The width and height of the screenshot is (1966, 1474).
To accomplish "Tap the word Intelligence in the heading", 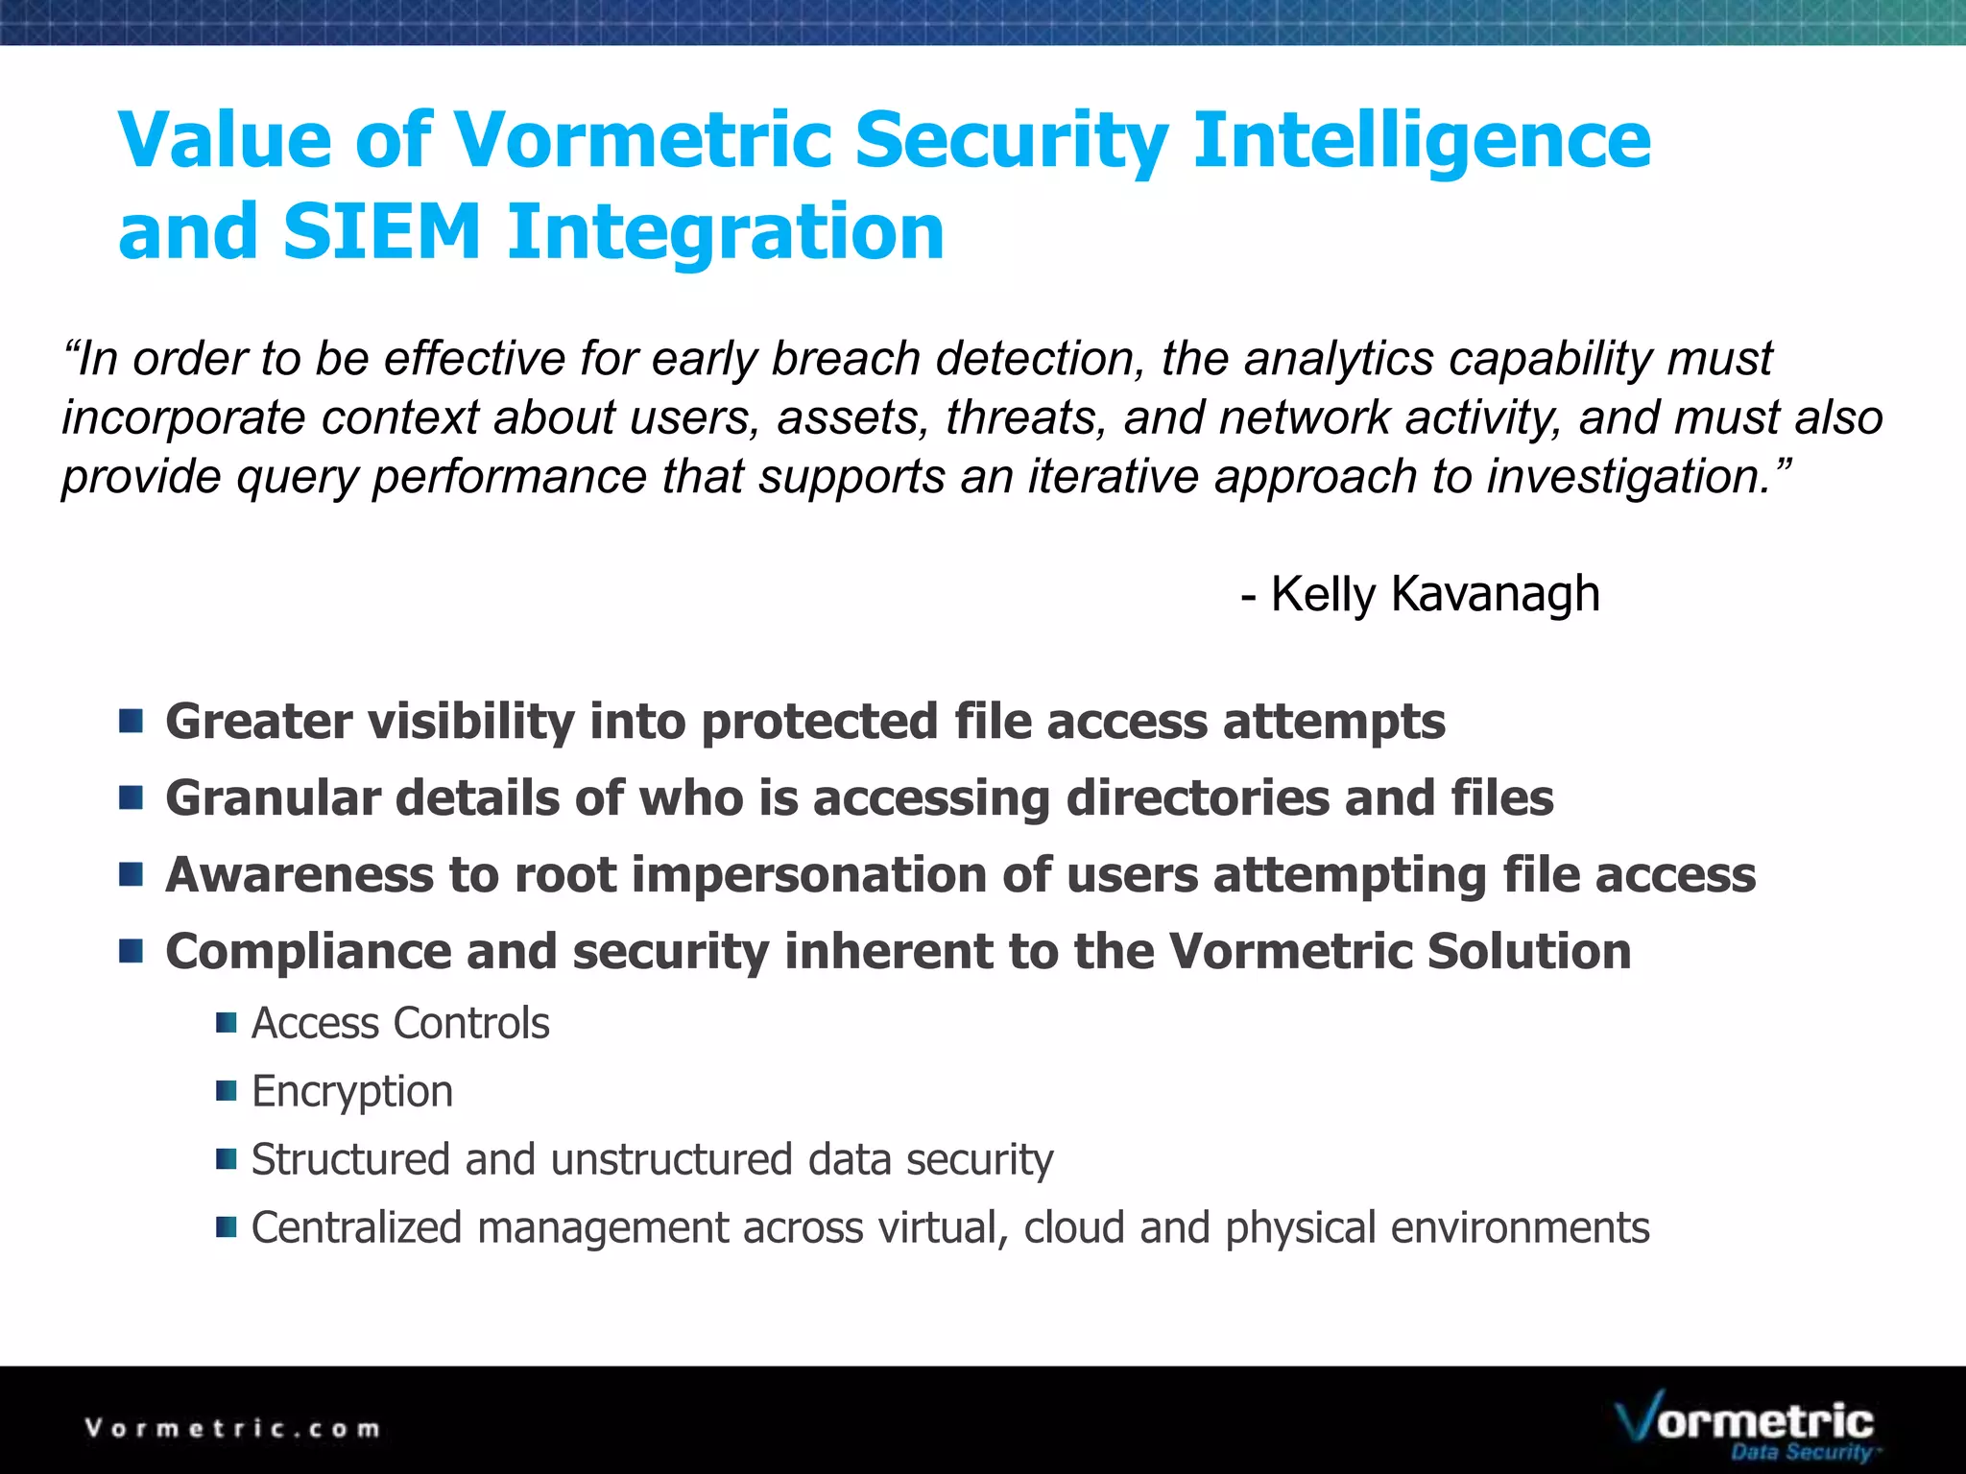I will click(x=1421, y=140).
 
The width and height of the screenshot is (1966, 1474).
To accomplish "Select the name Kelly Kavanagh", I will click(x=1435, y=594).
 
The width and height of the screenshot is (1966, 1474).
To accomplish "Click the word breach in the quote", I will click(x=846, y=359).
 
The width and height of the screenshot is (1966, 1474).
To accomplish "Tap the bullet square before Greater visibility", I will click(x=132, y=721).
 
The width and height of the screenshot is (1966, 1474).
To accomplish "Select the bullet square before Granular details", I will click(x=132, y=797).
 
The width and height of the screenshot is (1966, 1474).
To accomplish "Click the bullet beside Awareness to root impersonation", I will click(x=132, y=874).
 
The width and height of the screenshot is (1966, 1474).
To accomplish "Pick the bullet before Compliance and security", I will click(x=132, y=951).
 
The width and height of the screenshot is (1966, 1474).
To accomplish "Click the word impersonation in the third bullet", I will click(x=809, y=876).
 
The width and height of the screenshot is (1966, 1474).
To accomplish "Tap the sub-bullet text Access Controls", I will click(x=400, y=1024).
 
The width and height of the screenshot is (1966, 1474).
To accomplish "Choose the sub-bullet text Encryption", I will click(x=352, y=1092).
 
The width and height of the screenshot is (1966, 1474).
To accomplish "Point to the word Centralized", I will click(x=356, y=1228).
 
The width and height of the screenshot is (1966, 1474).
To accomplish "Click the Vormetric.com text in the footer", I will click(x=232, y=1429).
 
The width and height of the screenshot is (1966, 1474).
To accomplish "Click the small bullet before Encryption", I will click(x=227, y=1091).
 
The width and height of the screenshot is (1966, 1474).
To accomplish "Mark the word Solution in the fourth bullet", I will click(x=1529, y=952).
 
